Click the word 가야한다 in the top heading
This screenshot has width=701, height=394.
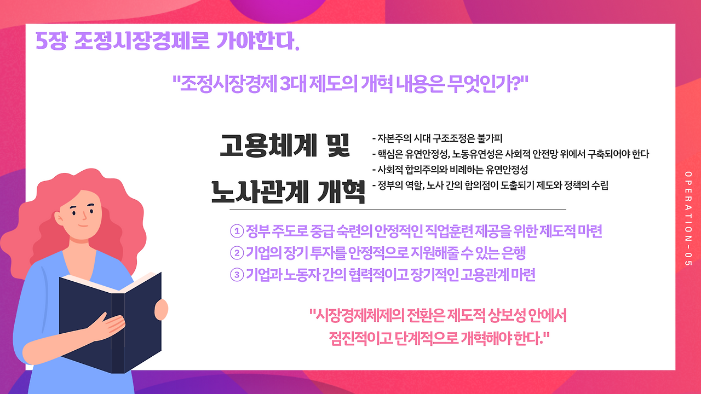(x=258, y=41)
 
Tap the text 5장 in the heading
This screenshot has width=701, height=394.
(x=51, y=41)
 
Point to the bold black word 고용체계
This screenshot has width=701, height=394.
(x=268, y=145)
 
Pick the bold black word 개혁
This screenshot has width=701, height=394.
(x=341, y=192)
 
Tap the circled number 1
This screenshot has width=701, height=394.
(x=237, y=231)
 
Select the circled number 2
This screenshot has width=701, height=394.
(x=237, y=253)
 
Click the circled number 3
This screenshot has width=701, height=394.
(x=237, y=275)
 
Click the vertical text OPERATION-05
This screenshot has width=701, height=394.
(x=688, y=218)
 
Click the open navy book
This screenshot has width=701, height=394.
(x=110, y=322)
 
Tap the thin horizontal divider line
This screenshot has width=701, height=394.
(x=398, y=209)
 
